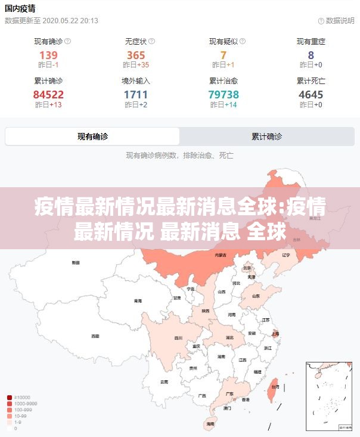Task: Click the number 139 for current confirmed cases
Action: [x=48, y=55]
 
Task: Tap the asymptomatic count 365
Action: [x=136, y=55]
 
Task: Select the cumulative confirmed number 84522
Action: [x=48, y=94]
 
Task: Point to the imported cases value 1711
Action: [x=136, y=94]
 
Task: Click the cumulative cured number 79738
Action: [x=224, y=94]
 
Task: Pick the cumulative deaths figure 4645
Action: [x=311, y=94]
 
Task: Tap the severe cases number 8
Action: [x=311, y=55]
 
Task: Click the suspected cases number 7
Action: [x=224, y=55]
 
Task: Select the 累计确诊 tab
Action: [x=267, y=137]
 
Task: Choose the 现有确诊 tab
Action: [x=92, y=137]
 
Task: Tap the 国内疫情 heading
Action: [x=20, y=8]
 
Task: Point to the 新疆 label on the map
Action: [x=76, y=262]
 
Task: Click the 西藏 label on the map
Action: [x=95, y=336]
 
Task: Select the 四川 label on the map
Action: [x=178, y=337]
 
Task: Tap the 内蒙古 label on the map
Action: [x=221, y=255]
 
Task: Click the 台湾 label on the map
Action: [x=275, y=386]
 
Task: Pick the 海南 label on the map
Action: [x=210, y=424]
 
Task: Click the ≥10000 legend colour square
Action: [x=10, y=397]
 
